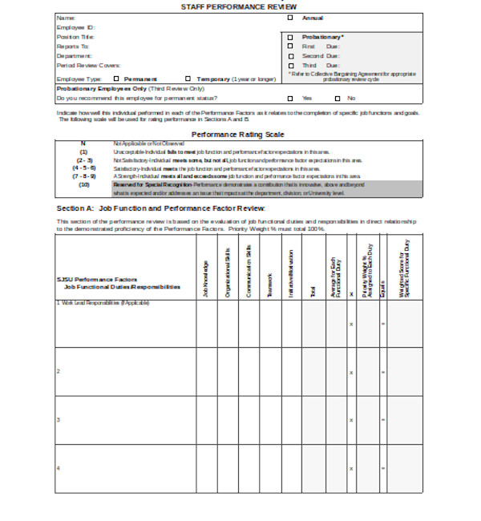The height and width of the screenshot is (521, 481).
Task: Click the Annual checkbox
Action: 290,17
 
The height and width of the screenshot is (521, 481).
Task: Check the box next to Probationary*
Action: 290,37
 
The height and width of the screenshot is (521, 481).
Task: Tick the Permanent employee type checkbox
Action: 118,79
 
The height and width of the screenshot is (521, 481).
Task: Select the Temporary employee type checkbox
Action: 188,79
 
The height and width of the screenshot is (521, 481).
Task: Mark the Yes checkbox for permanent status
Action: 290,99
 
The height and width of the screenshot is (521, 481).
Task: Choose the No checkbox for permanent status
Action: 337,99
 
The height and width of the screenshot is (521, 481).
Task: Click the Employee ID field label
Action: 76,27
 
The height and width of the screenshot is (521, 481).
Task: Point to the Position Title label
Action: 75,37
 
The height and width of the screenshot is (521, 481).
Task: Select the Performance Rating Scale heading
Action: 238,134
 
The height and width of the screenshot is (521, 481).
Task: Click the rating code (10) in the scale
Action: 83,184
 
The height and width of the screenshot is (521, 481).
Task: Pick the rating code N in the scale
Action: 83,143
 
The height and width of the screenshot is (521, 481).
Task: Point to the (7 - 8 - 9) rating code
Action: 83,176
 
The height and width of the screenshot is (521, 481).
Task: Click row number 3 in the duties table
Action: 58,419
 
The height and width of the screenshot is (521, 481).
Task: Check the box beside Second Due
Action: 290,56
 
